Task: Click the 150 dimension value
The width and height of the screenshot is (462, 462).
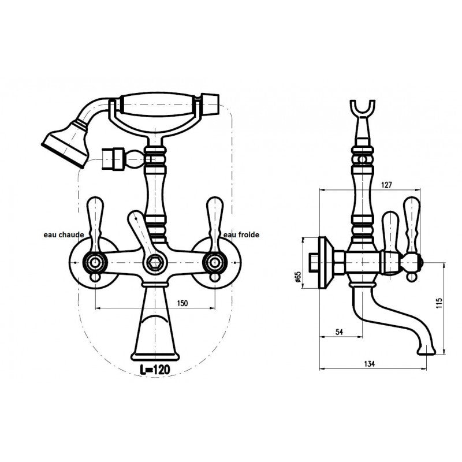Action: pos(182,303)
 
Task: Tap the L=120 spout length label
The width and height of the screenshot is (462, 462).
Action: pos(155,370)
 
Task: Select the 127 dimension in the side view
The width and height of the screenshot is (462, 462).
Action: pos(386,185)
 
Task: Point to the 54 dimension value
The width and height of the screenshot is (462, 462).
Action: pos(340,331)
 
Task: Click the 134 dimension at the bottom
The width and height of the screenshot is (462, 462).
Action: pos(370,364)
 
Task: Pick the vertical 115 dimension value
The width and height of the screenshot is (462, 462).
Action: pos(439,303)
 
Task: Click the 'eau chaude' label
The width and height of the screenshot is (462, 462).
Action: pos(64,235)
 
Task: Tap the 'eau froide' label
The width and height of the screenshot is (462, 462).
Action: pos(241,235)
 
